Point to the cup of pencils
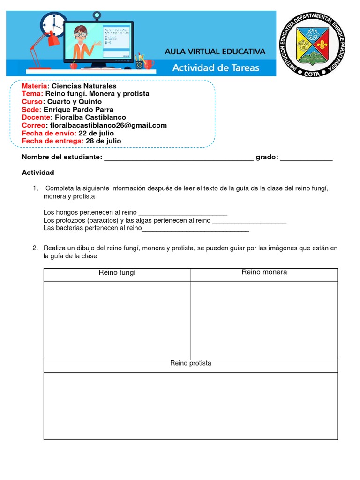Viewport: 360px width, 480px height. [x=139, y=62]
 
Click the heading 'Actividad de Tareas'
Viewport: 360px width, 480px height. [x=216, y=67]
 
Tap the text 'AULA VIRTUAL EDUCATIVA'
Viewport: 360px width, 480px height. [x=215, y=52]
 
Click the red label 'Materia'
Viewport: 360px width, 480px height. [x=34, y=86]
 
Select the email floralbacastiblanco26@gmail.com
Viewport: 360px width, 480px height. [x=108, y=125]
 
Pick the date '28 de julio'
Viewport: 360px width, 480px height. [x=103, y=141]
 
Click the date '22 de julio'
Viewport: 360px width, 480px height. [x=96, y=133]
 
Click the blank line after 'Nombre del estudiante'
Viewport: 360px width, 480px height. [x=179, y=158]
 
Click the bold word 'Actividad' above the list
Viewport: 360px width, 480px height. [x=38, y=172]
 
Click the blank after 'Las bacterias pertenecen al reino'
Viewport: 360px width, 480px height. [x=195, y=228]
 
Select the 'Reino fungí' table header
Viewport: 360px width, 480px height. [x=117, y=273]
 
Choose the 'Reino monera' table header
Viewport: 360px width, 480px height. [x=264, y=272]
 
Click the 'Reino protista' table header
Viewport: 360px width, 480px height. [x=191, y=363]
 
